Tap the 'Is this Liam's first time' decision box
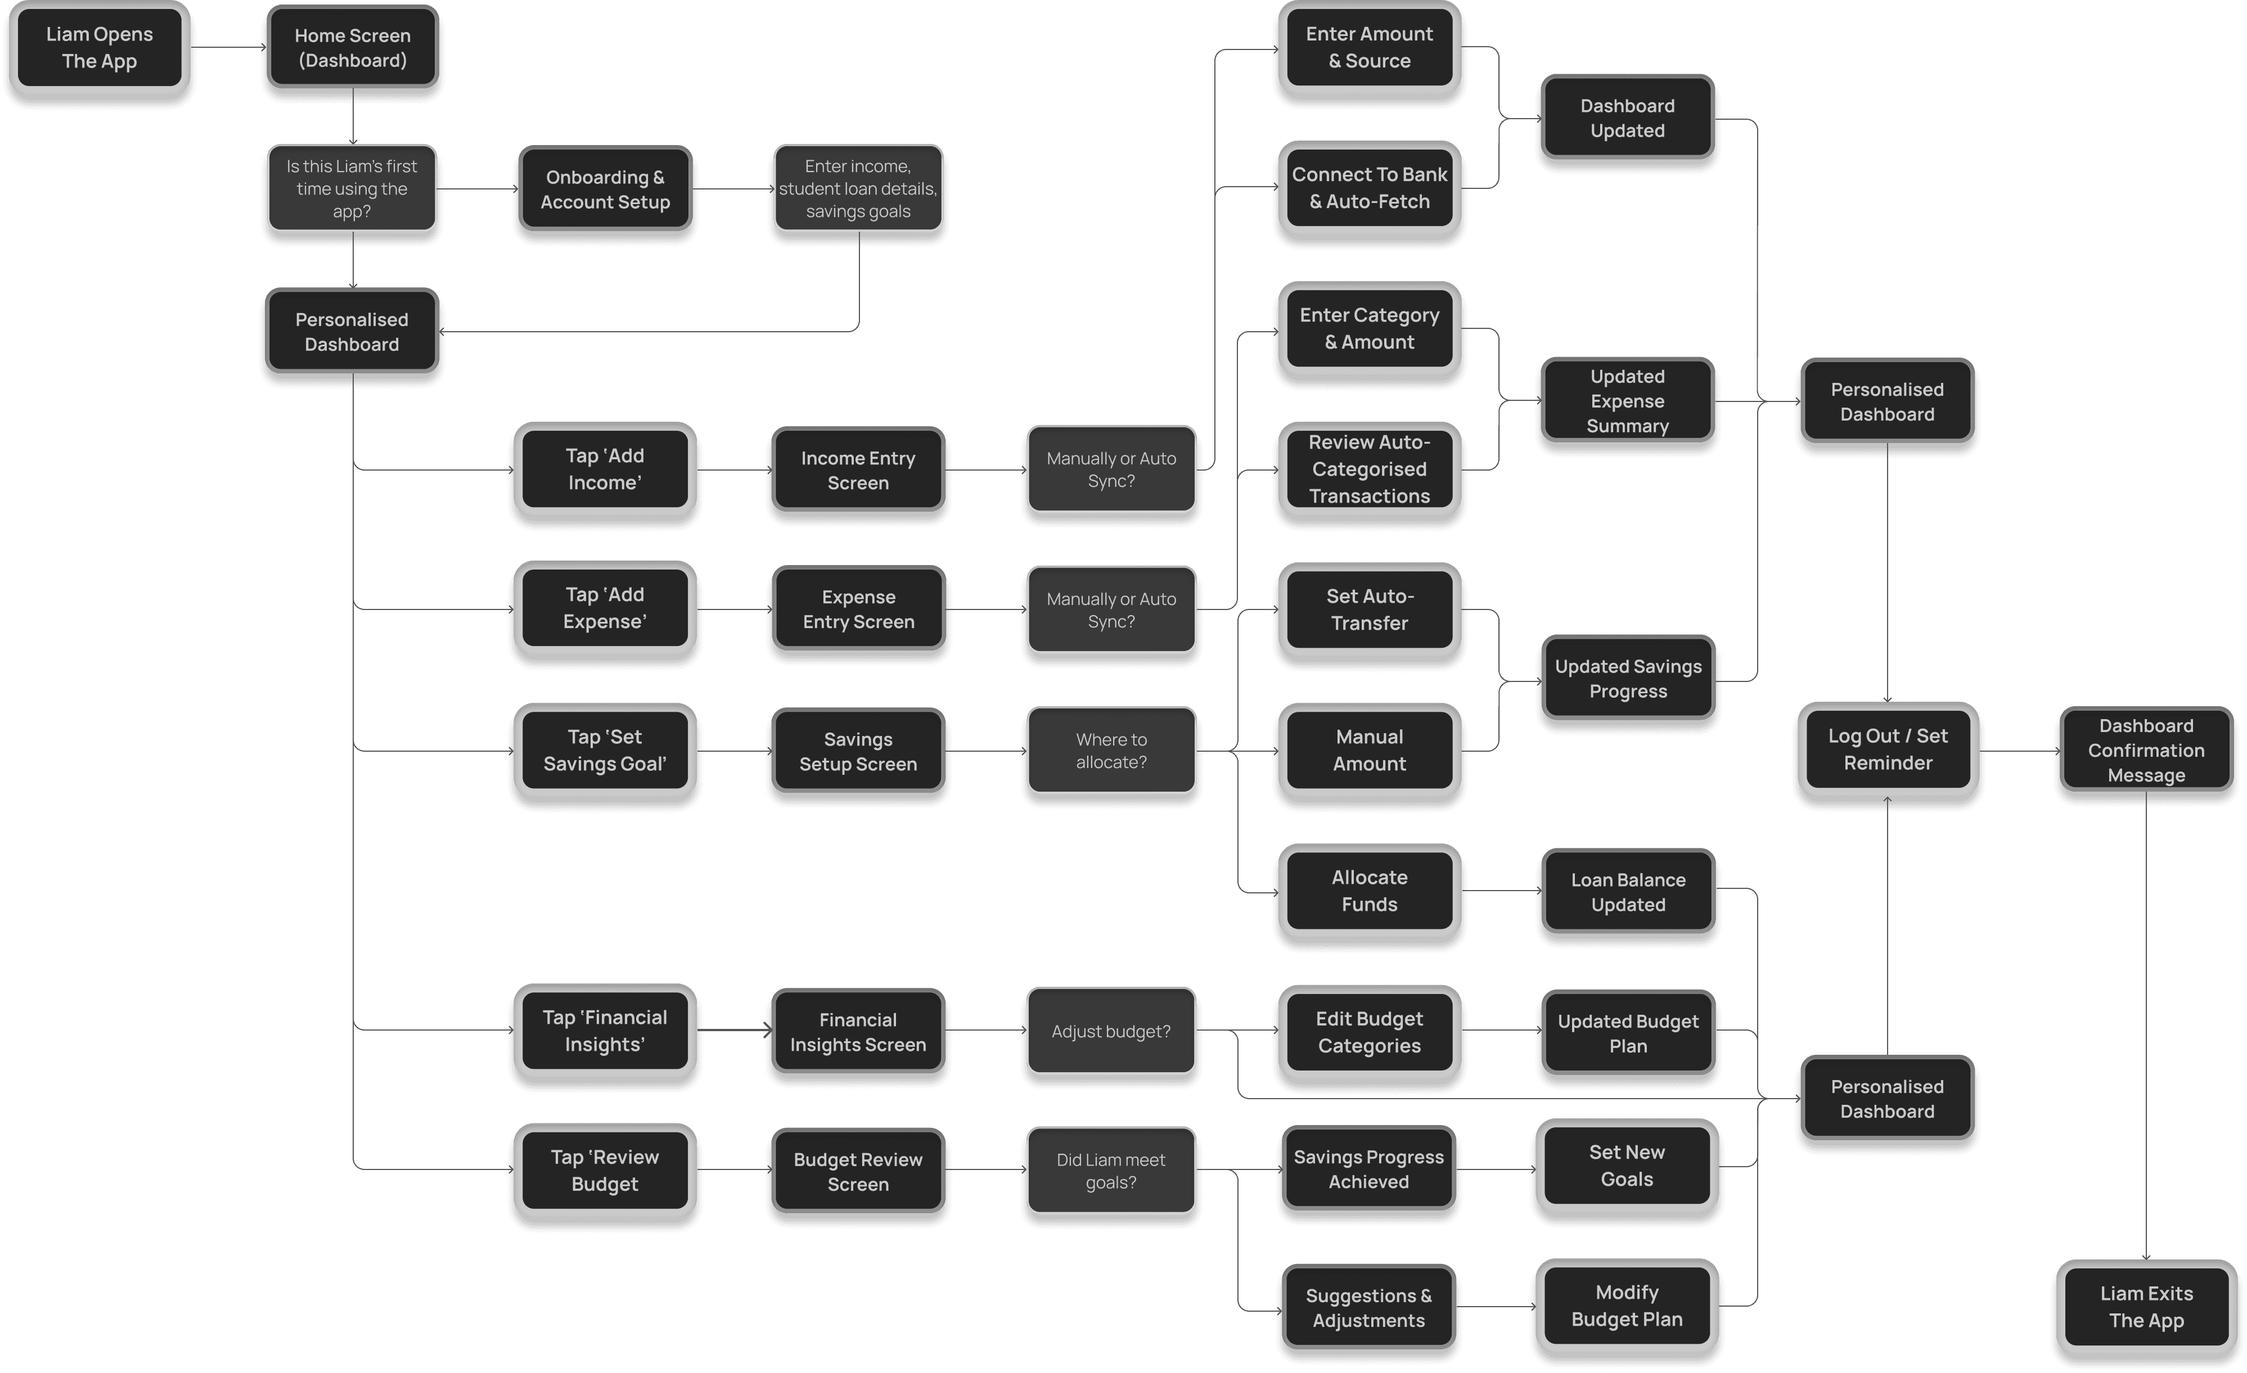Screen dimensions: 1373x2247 coord(352,189)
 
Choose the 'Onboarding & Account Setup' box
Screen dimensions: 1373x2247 coord(605,189)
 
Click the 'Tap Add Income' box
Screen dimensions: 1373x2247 coord(605,469)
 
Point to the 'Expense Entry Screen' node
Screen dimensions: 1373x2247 coord(858,609)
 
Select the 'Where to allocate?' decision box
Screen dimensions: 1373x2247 coord(1111,751)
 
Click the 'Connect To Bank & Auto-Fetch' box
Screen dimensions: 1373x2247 coord(1369,188)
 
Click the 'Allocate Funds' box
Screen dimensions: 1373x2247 coord(1369,891)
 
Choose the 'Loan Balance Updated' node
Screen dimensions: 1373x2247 coord(1628,892)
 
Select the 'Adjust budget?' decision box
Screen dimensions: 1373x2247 coord(1111,1031)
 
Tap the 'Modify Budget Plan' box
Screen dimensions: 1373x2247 coord(1627,1306)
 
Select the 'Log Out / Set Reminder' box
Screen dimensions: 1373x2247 coord(1888,749)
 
